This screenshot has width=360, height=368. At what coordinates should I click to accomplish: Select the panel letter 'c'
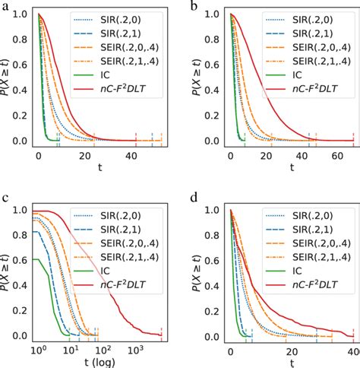click(5, 200)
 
